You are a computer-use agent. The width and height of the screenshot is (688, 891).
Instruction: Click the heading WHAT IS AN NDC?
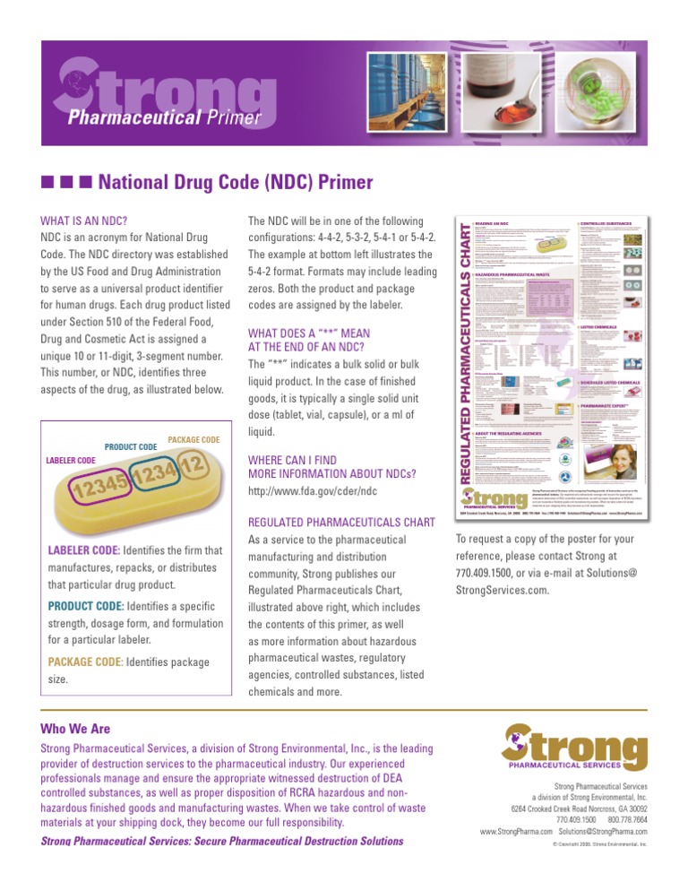point(84,218)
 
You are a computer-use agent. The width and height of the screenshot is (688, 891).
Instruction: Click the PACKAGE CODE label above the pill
point(194,440)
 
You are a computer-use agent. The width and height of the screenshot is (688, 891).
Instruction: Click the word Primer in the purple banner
point(225,117)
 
